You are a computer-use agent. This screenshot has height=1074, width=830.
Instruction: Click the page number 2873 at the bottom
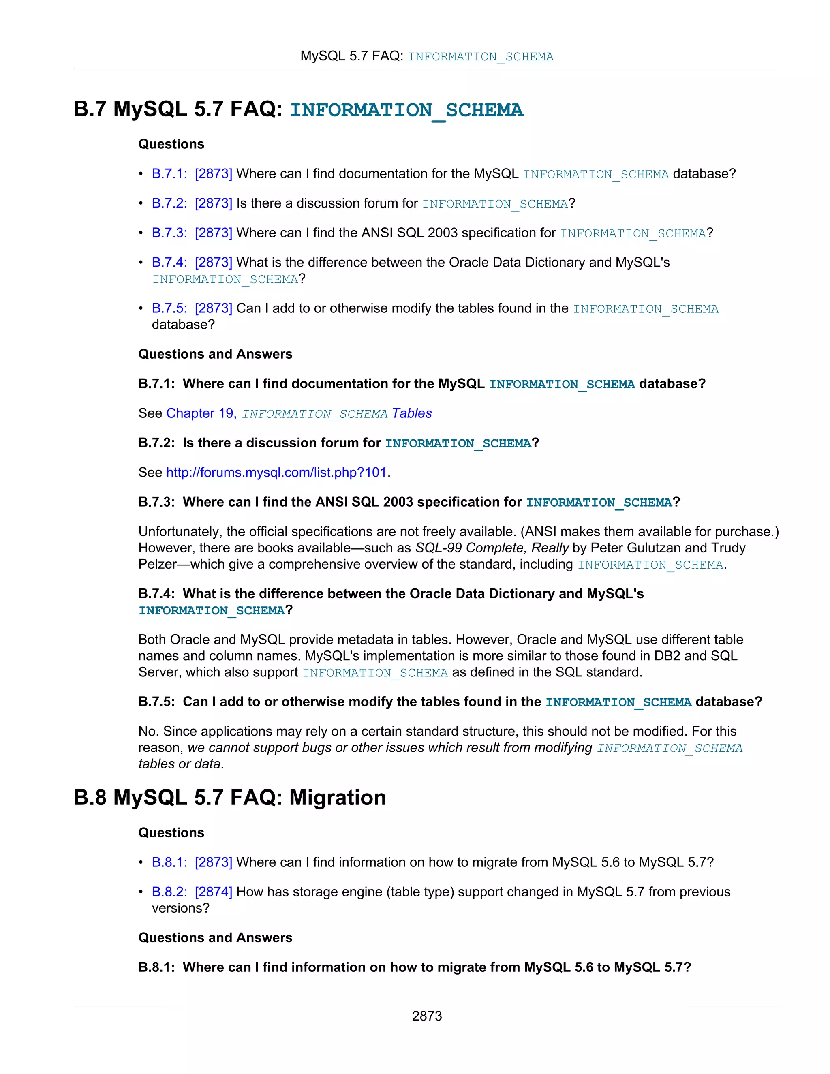point(426,1016)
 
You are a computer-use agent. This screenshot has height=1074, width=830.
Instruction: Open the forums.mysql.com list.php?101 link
point(276,473)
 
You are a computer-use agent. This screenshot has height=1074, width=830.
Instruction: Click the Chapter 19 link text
point(201,413)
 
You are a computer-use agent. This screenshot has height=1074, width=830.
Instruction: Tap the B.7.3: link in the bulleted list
point(169,233)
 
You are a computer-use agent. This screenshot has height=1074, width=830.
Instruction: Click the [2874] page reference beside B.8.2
point(214,892)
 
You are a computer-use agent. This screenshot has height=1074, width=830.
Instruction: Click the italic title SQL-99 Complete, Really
point(492,548)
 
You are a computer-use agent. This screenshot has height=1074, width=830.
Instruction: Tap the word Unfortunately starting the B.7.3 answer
point(180,532)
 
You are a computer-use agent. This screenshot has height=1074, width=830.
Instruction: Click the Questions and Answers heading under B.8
point(215,937)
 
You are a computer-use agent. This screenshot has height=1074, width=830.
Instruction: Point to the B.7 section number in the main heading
point(90,109)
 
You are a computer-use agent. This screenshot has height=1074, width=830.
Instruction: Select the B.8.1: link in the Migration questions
point(169,862)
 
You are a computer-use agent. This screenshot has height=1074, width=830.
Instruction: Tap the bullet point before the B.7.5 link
point(141,308)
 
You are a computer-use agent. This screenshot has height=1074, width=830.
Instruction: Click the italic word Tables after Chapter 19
point(412,413)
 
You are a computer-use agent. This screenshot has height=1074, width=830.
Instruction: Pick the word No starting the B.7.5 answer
point(147,731)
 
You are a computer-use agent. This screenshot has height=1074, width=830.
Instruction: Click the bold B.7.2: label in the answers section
point(156,443)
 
